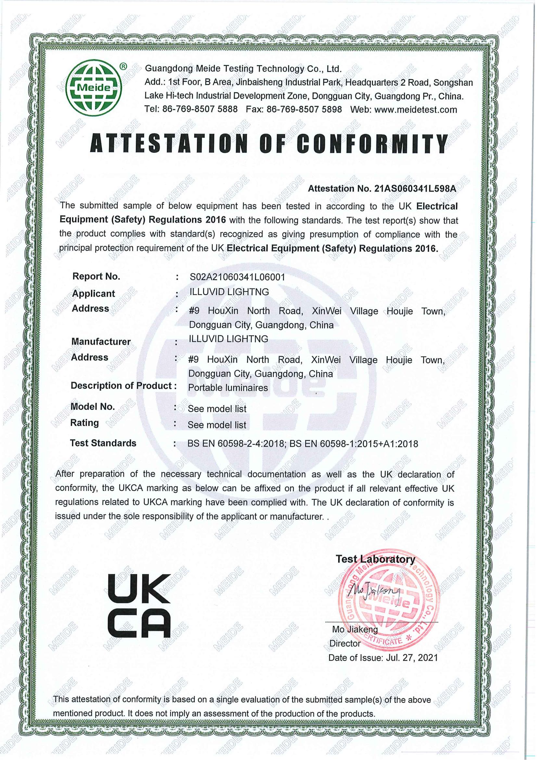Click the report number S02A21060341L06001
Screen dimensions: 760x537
[x=237, y=277]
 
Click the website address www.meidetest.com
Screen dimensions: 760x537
[x=416, y=109]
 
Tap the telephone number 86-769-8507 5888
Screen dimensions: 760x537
[x=199, y=109]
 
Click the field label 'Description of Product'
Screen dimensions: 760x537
[x=121, y=386]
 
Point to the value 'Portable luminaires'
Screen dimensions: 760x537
[x=228, y=388]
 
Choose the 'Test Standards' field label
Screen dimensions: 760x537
[x=103, y=443]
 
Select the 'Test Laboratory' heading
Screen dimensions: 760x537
[x=375, y=559]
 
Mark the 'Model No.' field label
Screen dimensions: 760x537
[x=93, y=406]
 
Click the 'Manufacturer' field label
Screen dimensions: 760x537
[x=101, y=341]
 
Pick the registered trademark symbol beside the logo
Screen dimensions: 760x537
[x=122, y=67]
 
